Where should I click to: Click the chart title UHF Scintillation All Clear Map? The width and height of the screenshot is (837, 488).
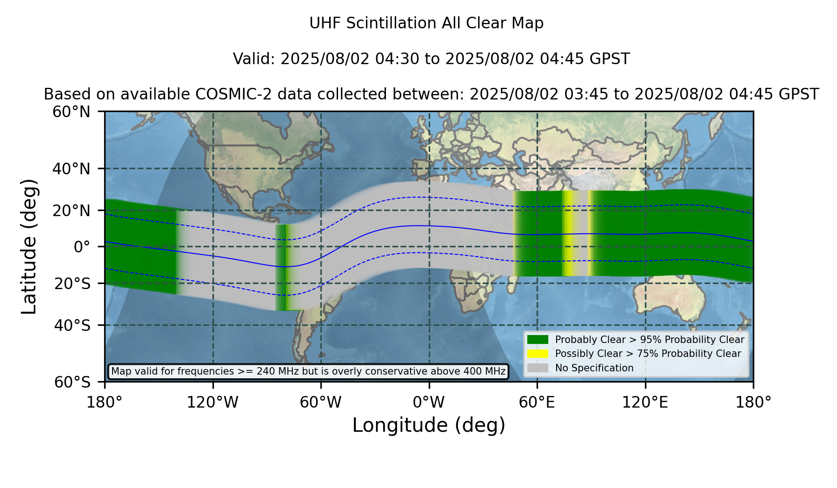(426, 23)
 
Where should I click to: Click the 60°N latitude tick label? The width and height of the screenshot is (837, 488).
(72, 112)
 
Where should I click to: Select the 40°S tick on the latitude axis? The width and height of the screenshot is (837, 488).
(72, 325)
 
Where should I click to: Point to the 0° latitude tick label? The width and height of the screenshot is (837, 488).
(82, 246)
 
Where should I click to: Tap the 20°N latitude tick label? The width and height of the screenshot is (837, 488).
(72, 210)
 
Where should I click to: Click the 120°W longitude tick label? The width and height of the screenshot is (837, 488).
(213, 402)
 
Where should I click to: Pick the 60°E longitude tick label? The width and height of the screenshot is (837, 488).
(537, 402)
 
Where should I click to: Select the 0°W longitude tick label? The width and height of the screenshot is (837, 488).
(429, 402)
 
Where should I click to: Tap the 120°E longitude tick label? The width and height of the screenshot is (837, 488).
(645, 402)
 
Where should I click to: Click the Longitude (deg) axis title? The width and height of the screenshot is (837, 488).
(429, 425)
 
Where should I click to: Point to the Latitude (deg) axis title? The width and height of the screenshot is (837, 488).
(29, 246)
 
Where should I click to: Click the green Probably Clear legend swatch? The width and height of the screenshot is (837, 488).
(538, 339)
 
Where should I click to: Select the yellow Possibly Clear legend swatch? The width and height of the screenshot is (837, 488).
(538, 354)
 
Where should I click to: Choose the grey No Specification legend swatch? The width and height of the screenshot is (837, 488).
(538, 368)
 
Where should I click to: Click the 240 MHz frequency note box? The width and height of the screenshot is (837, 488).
(308, 371)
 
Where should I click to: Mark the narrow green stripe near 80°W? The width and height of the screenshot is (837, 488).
(282, 267)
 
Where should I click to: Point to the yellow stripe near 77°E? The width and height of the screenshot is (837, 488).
(568, 233)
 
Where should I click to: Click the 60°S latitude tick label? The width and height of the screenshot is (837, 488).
(72, 382)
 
